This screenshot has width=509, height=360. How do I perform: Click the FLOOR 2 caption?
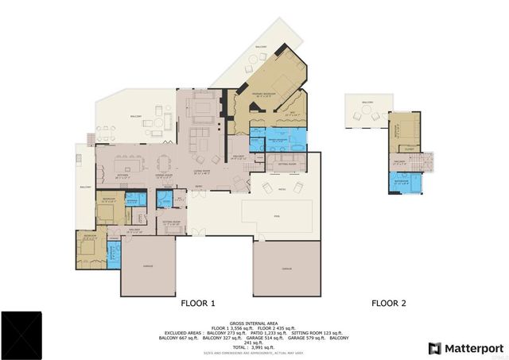pyautogui.click(x=389, y=303)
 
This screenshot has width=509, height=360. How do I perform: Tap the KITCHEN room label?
pyautogui.click(x=122, y=176)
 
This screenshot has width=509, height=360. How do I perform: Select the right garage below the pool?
pyautogui.click(x=286, y=270)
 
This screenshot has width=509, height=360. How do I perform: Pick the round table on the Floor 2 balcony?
pyautogui.click(x=367, y=115)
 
